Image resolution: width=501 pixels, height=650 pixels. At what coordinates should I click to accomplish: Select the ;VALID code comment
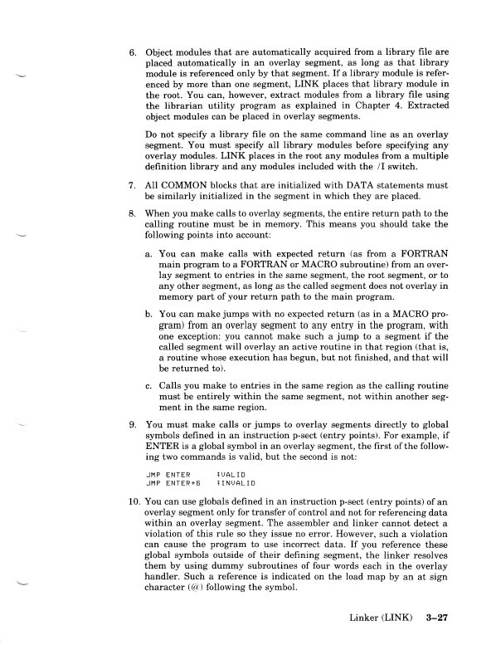(x=229, y=473)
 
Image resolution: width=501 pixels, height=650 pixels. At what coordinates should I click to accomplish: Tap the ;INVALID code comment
(x=233, y=481)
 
